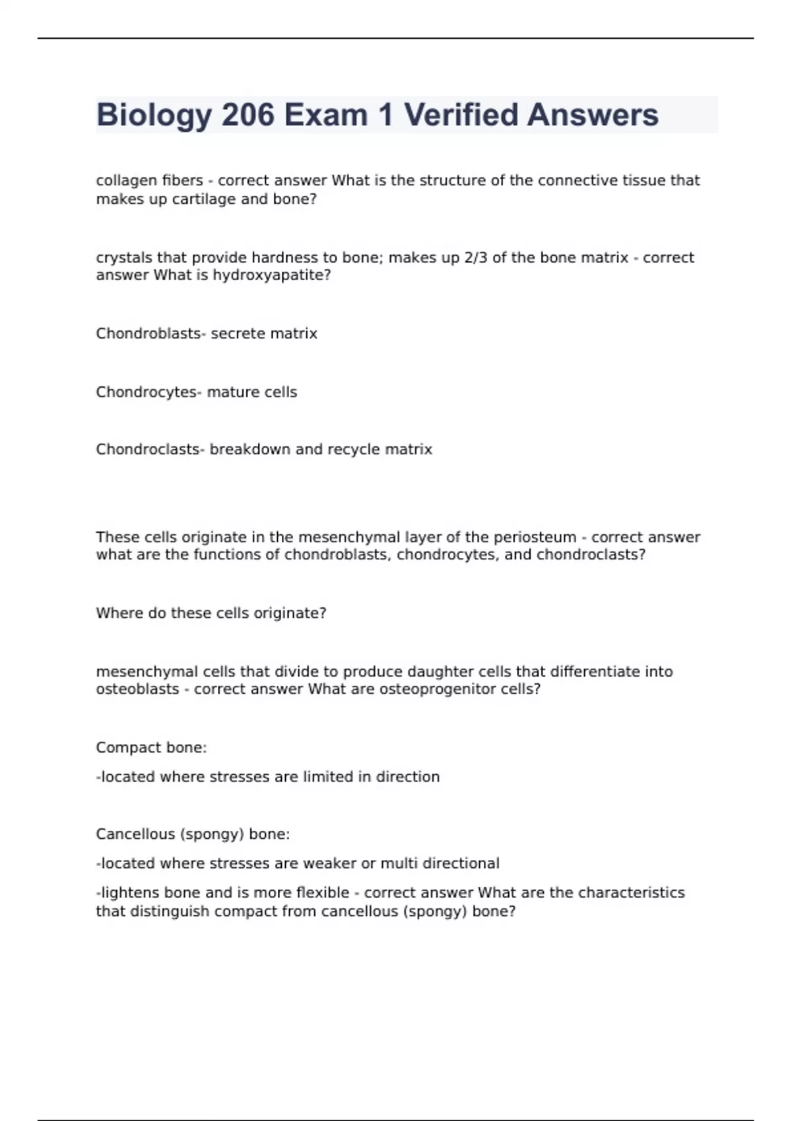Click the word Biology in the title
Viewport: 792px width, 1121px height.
(154, 115)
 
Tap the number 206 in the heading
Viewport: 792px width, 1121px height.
(248, 115)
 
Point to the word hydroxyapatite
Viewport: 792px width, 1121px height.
(271, 275)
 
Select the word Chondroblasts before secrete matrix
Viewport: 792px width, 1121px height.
(148, 334)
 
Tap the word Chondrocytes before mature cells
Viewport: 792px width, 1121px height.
(147, 392)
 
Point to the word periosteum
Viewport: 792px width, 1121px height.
(535, 537)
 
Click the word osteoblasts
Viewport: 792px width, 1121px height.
(137, 689)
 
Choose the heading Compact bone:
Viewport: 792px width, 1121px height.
(151, 748)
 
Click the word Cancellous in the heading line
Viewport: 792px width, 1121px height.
(135, 834)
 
